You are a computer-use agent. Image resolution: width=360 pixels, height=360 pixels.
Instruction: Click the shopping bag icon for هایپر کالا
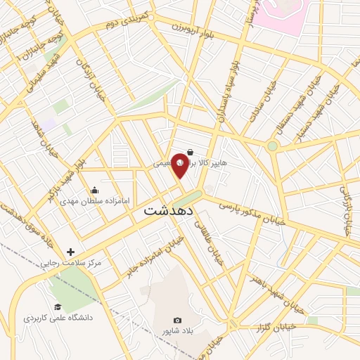191,151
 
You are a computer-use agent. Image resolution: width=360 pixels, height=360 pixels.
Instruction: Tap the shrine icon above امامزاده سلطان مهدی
95,190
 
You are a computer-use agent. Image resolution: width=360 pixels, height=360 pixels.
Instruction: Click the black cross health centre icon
70,252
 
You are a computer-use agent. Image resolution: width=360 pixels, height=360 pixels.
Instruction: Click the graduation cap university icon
58,307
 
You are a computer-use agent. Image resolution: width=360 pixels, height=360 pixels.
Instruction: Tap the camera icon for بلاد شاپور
177,321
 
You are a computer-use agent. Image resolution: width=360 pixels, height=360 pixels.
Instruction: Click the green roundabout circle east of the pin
272,146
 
